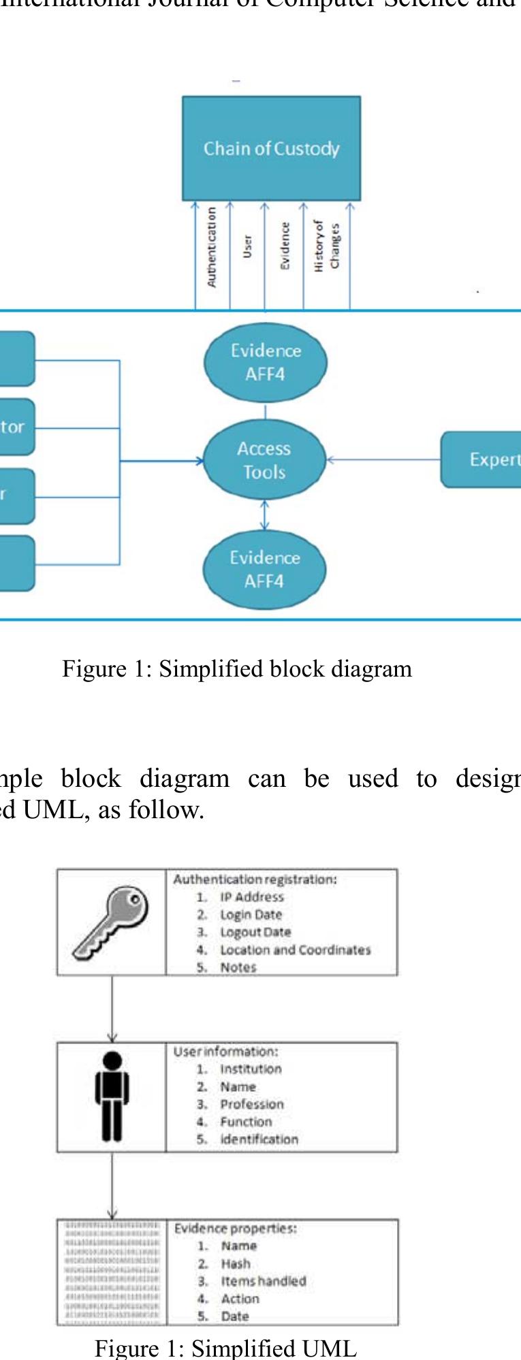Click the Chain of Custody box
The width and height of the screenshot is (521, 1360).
(271, 148)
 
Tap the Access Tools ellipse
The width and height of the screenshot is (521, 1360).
(264, 461)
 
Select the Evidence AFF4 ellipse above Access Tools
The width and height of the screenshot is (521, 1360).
(266, 362)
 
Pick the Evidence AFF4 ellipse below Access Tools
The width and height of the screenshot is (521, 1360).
(264, 569)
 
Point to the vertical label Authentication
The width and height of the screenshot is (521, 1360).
(212, 246)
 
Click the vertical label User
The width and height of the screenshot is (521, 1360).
(247, 246)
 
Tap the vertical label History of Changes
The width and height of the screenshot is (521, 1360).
(326, 246)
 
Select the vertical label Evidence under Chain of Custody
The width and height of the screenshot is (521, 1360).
(285, 246)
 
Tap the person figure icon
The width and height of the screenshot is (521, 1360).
(112, 1097)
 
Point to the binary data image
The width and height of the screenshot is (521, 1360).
(112, 1272)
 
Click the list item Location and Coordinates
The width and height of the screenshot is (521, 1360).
(295, 950)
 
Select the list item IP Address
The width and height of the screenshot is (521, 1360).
(251, 897)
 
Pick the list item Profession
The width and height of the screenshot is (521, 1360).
(251, 1104)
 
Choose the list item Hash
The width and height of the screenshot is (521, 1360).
(236, 1263)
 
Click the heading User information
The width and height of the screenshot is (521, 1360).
(225, 1052)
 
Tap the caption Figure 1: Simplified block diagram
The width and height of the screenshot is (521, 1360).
(237, 669)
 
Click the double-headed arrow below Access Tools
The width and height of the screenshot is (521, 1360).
(265, 515)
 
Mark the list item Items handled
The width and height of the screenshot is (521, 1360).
(263, 1281)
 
